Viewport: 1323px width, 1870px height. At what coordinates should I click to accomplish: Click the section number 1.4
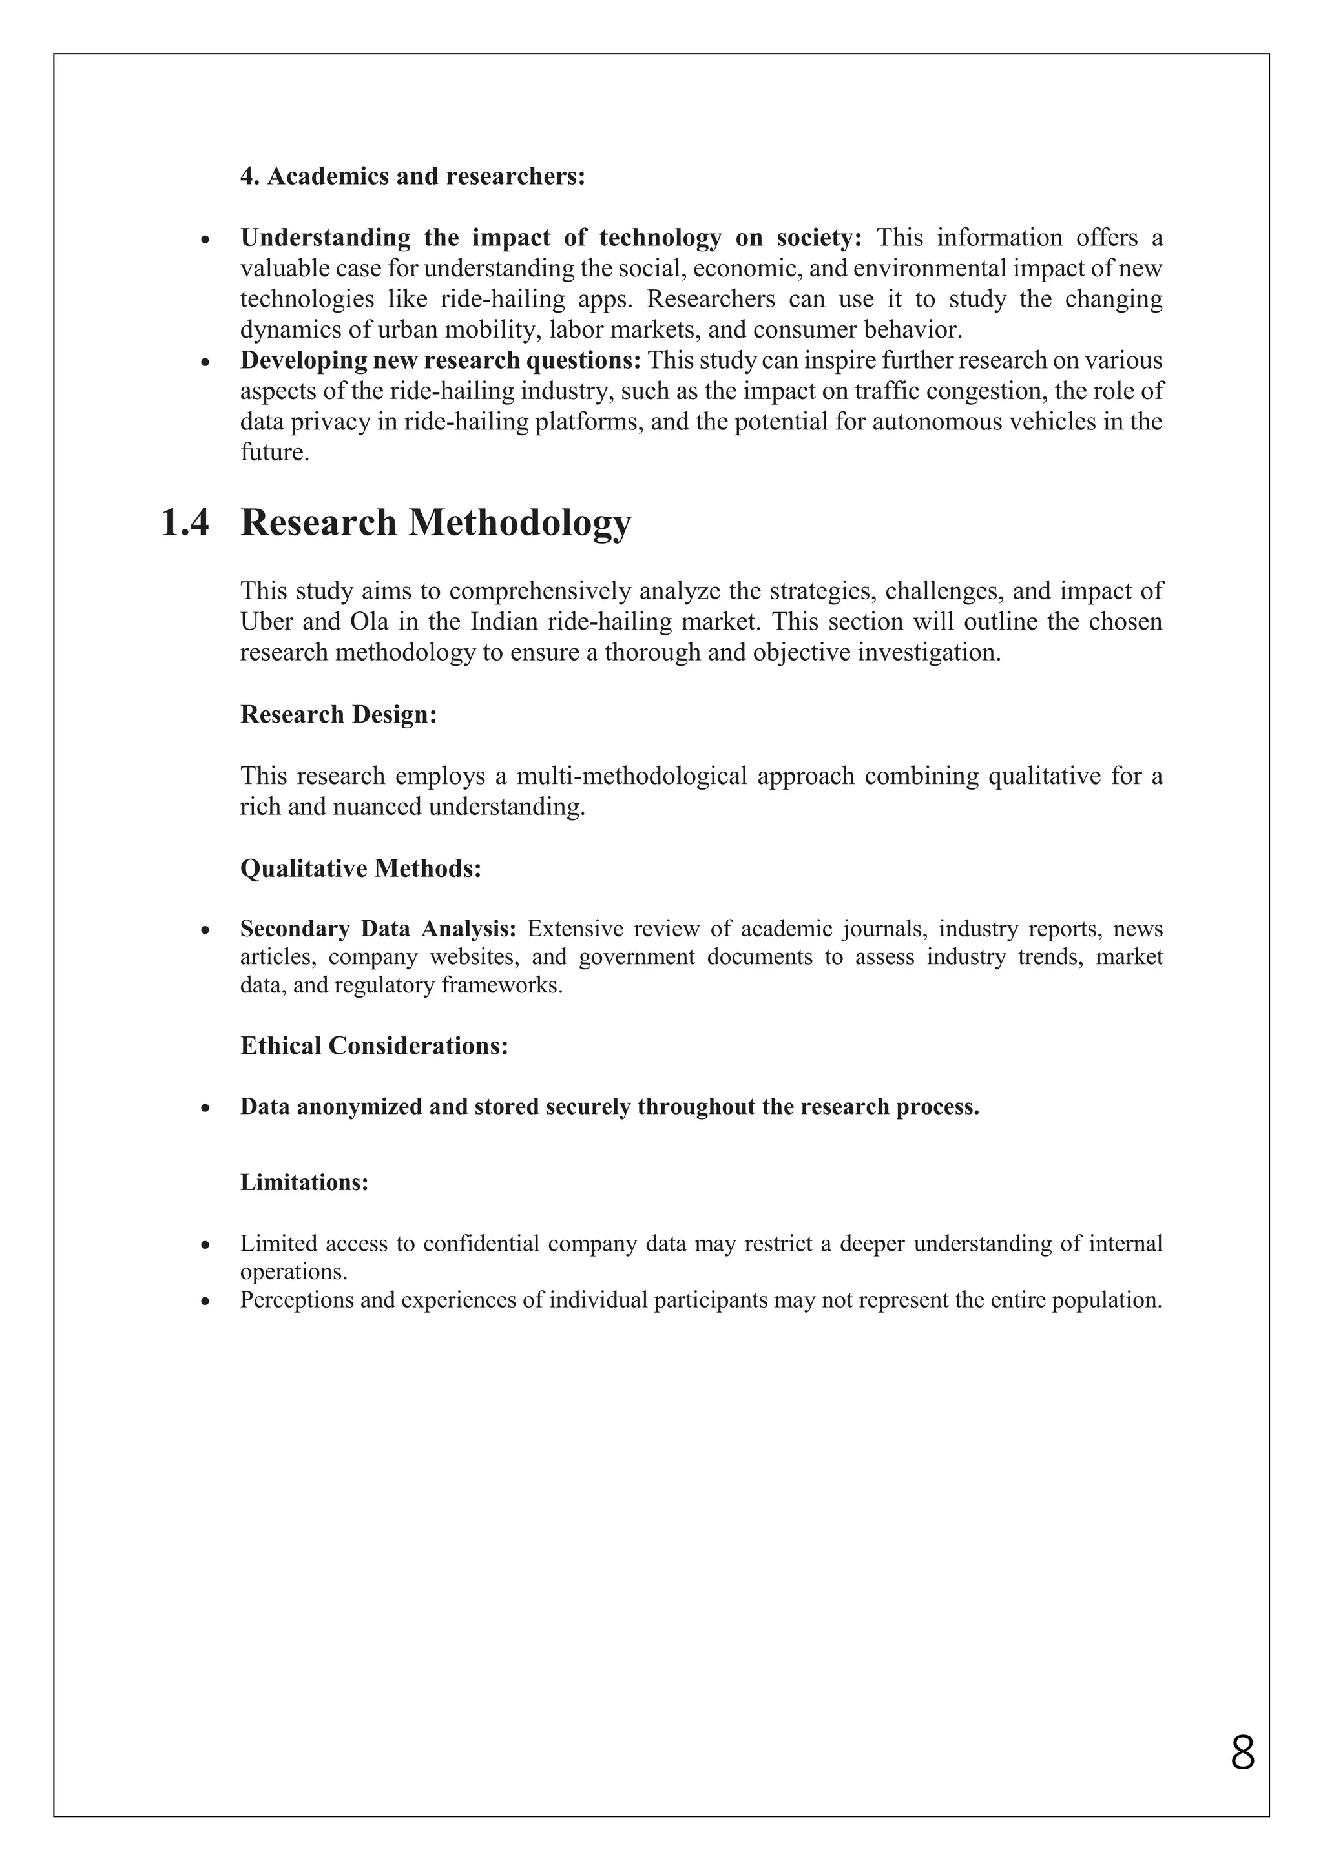coord(185,523)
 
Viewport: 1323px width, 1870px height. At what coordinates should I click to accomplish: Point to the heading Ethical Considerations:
coord(374,1046)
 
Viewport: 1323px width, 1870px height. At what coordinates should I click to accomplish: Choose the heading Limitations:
coord(304,1182)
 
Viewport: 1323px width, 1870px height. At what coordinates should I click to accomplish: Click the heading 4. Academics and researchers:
coord(412,176)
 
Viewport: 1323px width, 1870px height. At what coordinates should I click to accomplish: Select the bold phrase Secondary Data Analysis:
coord(378,929)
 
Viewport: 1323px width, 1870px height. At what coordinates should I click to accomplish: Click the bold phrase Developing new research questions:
coord(441,360)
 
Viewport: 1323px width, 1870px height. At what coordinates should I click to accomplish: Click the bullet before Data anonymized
coord(206,1109)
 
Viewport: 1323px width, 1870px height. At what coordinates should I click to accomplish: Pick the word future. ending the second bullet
coord(275,453)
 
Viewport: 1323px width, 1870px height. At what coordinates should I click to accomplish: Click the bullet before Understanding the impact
coord(206,240)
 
